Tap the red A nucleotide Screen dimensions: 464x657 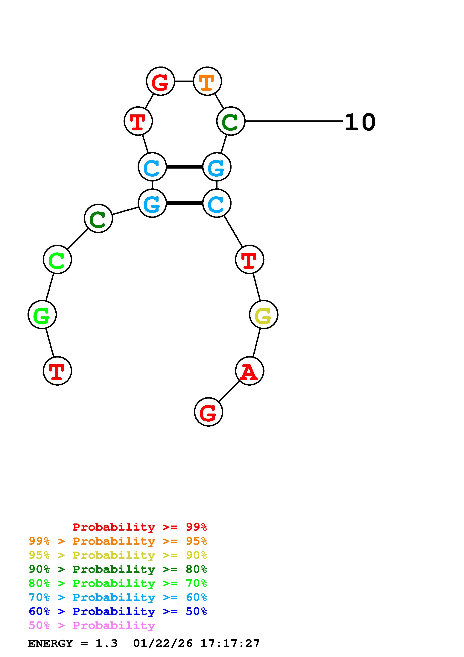coord(249,371)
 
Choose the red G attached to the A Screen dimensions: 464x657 coord(208,412)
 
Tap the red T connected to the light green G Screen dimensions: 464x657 coord(57,371)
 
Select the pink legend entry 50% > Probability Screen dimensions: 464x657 coord(92,626)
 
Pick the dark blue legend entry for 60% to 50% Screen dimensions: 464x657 coord(118,611)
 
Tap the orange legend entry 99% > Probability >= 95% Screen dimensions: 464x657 coord(118,541)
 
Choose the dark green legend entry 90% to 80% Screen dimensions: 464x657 coord(118,569)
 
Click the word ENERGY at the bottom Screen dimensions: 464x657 coord(50,644)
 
